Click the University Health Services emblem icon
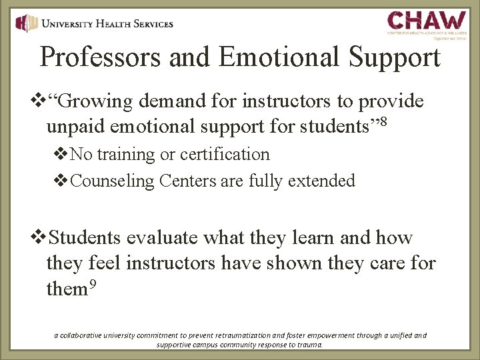26,23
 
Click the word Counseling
109,180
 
